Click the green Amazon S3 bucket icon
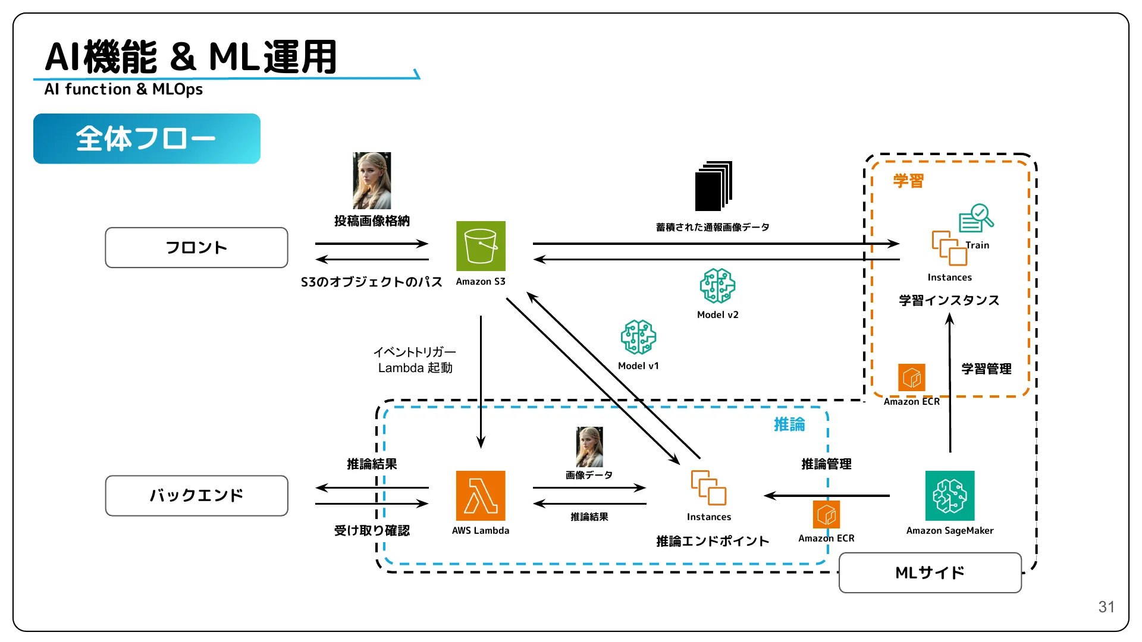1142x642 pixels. click(x=481, y=246)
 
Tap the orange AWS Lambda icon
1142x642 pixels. click(x=481, y=496)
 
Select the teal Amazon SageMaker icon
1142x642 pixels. click(x=950, y=496)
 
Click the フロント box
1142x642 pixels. click(x=196, y=247)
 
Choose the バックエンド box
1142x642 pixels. click(x=196, y=496)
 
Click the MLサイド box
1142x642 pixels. click(x=930, y=572)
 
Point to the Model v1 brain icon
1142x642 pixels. click(x=638, y=337)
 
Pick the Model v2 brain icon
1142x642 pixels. click(x=717, y=286)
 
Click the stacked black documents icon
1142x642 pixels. click(x=713, y=186)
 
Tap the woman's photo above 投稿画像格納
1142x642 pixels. click(x=372, y=181)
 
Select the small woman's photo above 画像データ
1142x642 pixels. click(x=589, y=447)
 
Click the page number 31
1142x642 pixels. click(x=1106, y=607)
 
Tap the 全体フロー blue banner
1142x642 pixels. click(x=147, y=139)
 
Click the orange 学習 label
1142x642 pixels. click(x=908, y=181)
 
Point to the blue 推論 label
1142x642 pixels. click(x=789, y=424)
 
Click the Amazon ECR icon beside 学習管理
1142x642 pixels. click(x=911, y=377)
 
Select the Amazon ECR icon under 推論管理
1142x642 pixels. click(x=826, y=514)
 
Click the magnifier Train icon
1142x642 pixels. click(x=976, y=218)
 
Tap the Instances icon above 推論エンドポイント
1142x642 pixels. click(x=708, y=488)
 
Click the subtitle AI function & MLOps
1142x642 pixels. click(x=124, y=89)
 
